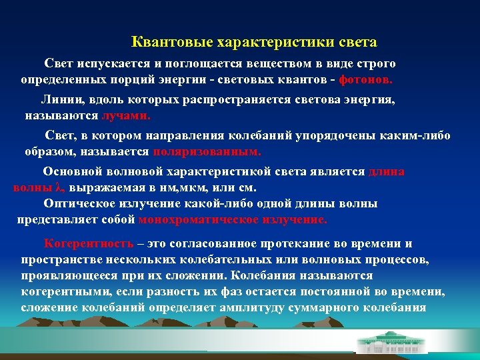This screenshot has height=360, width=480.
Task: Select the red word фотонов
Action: point(366,79)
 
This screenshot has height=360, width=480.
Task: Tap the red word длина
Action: point(386,171)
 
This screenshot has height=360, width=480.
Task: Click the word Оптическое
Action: point(82,203)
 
